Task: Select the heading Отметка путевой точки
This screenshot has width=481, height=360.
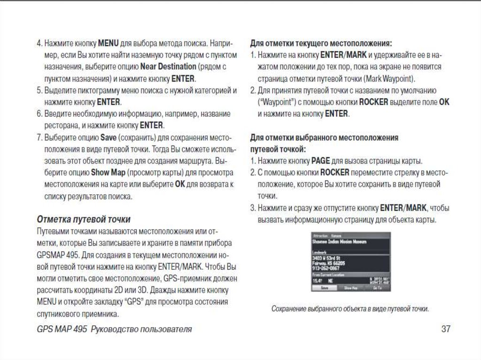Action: (84, 219)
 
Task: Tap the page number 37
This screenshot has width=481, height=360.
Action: (446, 329)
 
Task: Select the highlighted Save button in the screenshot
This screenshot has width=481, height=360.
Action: (324, 288)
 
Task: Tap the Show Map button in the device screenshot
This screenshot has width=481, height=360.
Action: (350, 288)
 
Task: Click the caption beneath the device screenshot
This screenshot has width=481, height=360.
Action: (350, 309)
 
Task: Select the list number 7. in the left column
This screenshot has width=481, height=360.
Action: (39, 138)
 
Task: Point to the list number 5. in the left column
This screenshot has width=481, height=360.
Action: (39, 90)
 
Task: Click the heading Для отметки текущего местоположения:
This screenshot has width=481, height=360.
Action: (321, 44)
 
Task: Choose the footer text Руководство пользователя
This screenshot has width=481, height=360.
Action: (141, 329)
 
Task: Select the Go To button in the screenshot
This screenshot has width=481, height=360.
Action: (377, 288)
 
